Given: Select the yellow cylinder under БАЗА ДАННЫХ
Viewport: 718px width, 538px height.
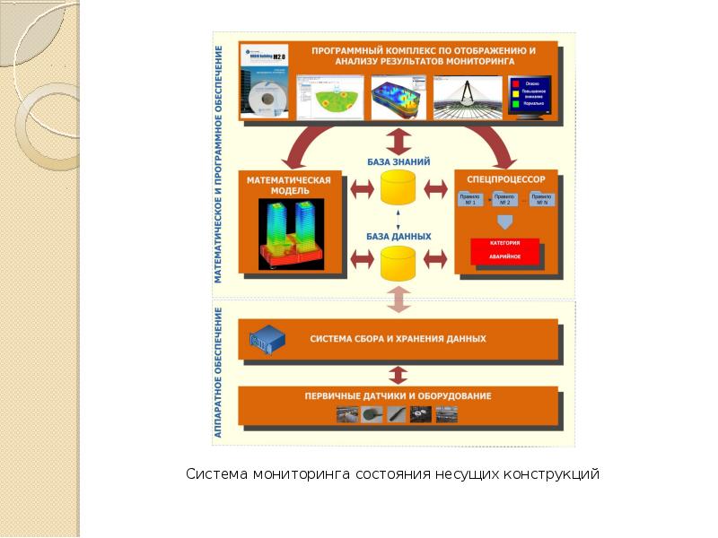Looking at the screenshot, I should click(x=398, y=264).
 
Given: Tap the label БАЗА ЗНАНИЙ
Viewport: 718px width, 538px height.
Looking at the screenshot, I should click(x=398, y=161).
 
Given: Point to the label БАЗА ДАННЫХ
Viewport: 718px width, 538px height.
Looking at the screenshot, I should click(x=398, y=237).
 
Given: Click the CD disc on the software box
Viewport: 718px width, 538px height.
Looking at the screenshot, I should click(x=267, y=96).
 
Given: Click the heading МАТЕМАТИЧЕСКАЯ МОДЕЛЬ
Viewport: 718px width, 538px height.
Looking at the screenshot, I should click(x=289, y=186).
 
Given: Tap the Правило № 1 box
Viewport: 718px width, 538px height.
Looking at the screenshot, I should click(x=471, y=199).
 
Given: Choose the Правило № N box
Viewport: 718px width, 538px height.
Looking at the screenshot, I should click(x=541, y=199).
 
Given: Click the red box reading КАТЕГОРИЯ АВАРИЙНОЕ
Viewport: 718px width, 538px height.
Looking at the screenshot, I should click(x=504, y=250).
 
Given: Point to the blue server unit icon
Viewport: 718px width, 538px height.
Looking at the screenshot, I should click(x=268, y=340).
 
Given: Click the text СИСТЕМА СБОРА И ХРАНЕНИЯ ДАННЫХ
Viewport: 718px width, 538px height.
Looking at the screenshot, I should click(x=398, y=340).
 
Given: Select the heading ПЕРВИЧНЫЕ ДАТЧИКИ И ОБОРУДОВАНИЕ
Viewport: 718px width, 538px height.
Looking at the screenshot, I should click(x=398, y=395).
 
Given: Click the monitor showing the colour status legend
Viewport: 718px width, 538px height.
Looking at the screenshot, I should click(x=529, y=96).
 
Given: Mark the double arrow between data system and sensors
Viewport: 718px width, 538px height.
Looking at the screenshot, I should click(x=398, y=374).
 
